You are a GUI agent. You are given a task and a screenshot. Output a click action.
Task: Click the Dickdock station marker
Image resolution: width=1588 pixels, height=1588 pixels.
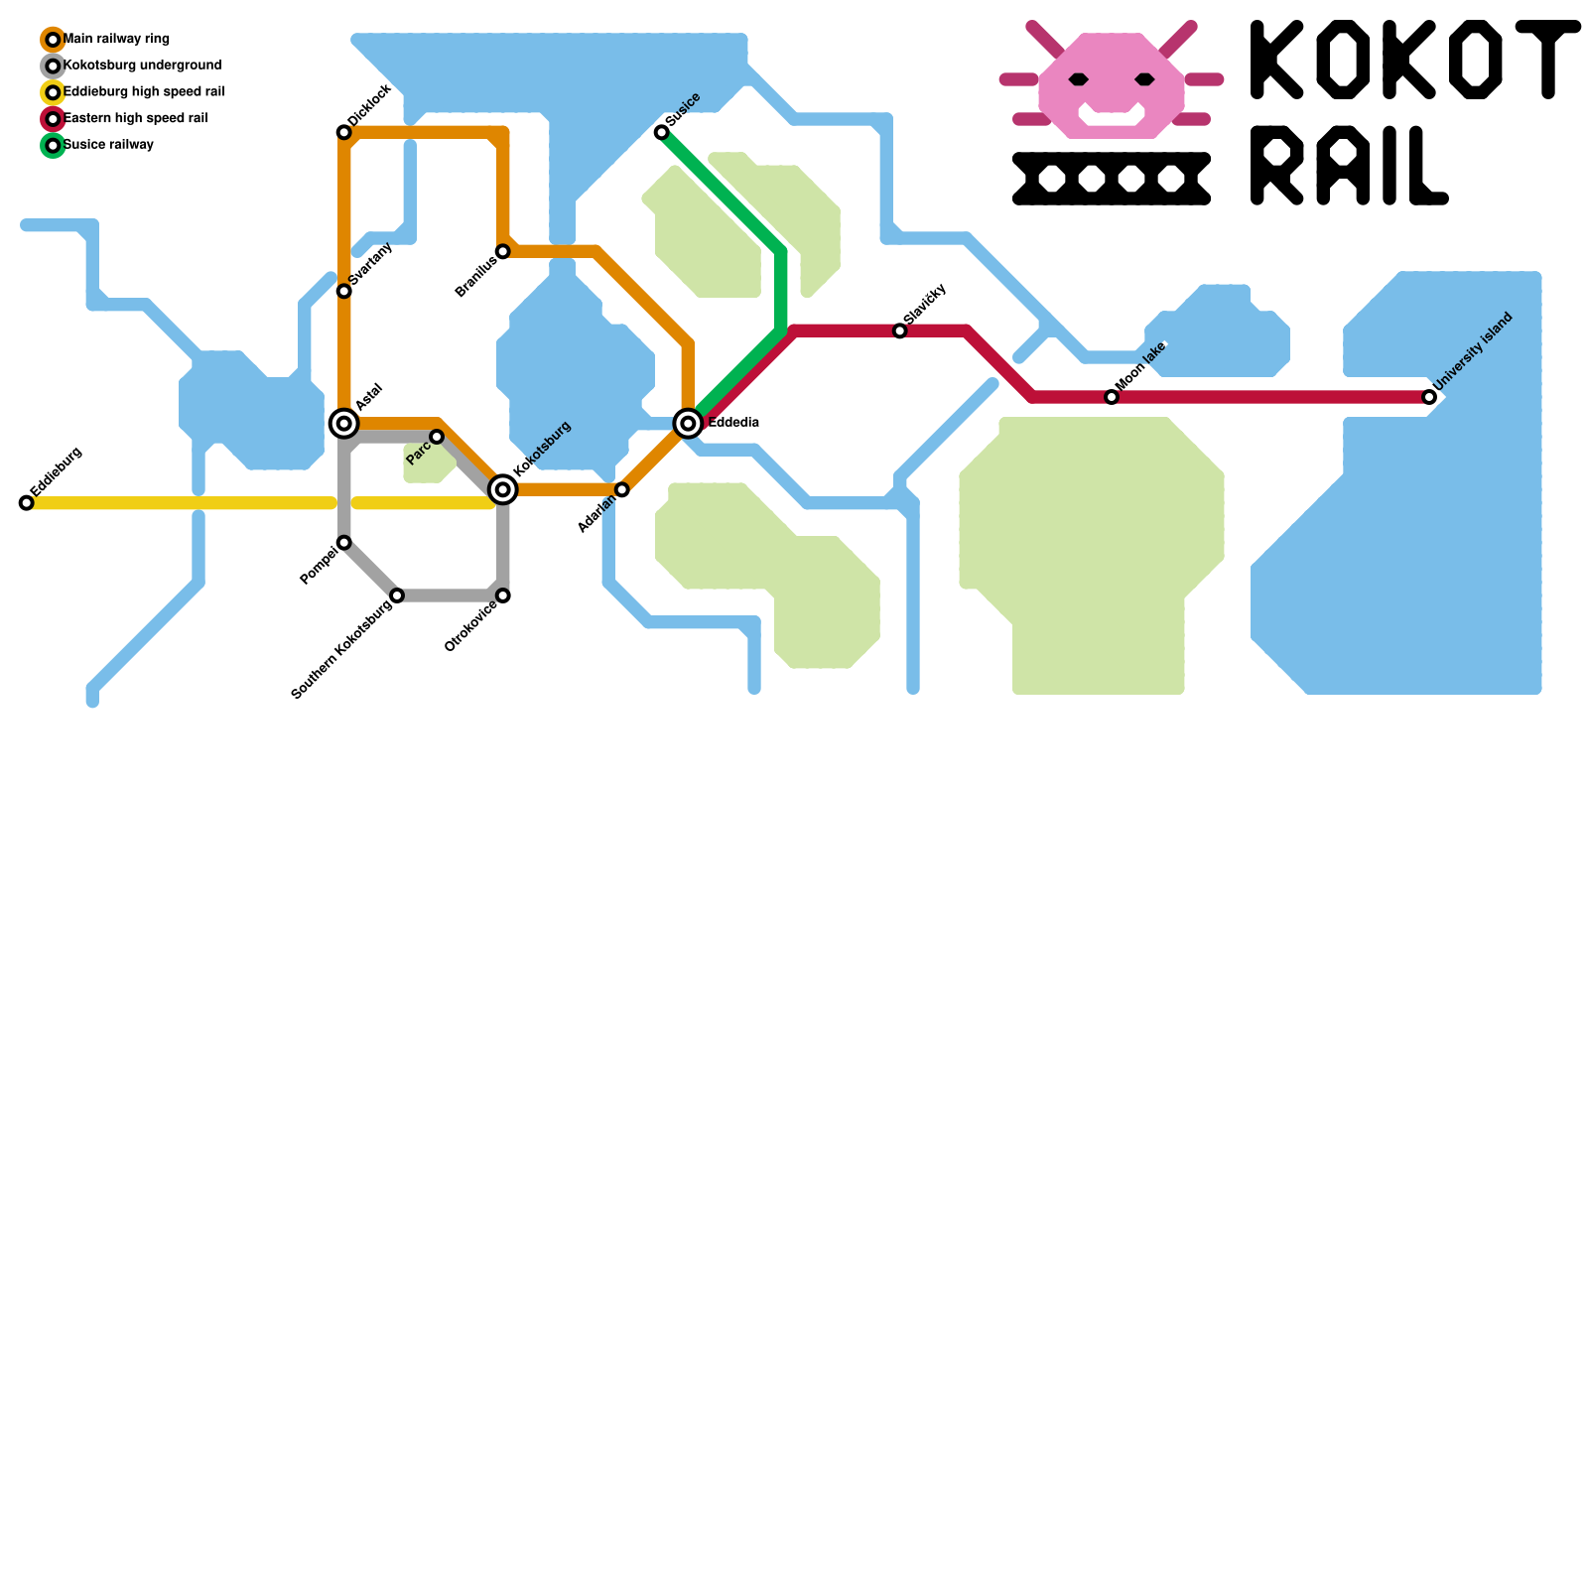(343, 133)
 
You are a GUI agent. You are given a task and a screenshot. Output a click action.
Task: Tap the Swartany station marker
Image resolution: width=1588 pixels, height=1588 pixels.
(343, 291)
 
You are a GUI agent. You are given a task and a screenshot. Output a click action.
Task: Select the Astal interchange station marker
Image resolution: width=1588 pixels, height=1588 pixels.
(343, 424)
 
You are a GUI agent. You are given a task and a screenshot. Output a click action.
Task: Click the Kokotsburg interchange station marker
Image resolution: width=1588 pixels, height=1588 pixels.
(503, 489)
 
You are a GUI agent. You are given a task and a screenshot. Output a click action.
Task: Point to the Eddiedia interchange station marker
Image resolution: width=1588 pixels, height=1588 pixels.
(688, 424)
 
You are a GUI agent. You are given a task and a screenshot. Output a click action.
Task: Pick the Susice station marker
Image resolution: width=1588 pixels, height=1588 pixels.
(661, 133)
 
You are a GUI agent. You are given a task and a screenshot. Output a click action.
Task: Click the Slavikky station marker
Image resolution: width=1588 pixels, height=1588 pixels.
(899, 331)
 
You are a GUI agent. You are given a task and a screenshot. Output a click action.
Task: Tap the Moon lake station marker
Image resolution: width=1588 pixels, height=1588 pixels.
(1112, 397)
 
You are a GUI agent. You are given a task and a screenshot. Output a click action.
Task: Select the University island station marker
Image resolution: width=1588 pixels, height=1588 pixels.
(1429, 397)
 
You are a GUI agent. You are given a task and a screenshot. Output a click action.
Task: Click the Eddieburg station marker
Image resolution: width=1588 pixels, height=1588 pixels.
(27, 503)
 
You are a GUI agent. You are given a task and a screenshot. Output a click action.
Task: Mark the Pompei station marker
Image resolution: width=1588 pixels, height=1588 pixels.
(343, 543)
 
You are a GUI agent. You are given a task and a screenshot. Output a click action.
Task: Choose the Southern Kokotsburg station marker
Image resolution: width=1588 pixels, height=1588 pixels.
(397, 595)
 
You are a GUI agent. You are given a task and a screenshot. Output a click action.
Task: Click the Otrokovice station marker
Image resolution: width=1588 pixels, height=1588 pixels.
(503, 595)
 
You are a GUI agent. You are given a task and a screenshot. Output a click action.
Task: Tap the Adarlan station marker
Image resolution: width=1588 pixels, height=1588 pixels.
(622, 489)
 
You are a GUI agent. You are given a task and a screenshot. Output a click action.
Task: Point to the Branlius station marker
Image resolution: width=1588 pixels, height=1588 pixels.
(503, 252)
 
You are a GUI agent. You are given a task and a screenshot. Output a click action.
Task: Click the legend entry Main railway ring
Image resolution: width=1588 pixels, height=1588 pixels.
(116, 40)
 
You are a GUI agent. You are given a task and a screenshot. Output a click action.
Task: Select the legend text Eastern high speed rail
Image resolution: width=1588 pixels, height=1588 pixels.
(135, 119)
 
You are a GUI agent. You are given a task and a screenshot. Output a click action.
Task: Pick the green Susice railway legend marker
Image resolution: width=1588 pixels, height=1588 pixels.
(54, 146)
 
